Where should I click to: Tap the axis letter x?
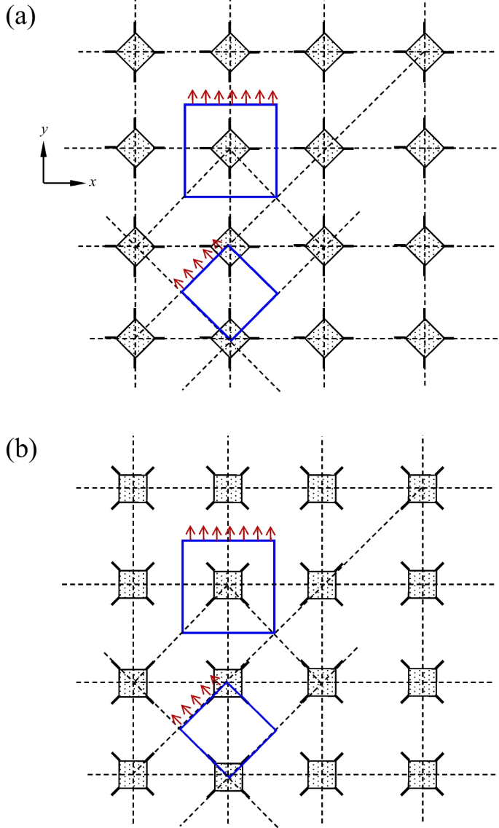(93, 181)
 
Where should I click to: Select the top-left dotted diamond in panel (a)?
(135, 52)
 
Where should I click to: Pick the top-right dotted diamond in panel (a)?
(423, 52)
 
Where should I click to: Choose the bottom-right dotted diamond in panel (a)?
(423, 339)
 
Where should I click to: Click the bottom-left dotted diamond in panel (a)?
(135, 339)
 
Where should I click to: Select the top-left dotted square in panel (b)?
(133, 486)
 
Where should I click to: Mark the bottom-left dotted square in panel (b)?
(133, 773)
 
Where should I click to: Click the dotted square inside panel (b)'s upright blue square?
(229, 583)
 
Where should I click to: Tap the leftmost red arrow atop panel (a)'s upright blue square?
(192, 97)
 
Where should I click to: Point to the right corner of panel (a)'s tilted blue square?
(278, 293)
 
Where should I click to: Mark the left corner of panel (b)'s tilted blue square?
(180, 730)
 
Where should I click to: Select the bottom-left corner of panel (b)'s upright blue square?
(182, 632)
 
